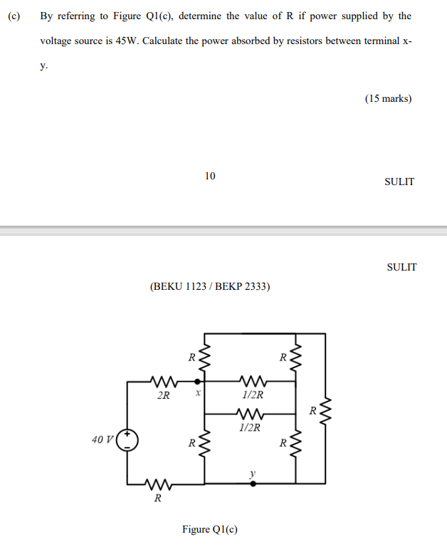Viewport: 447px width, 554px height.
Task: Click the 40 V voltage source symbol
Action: coord(128,439)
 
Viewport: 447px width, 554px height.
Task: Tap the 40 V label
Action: coord(102,439)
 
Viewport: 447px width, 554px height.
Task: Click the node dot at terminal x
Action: coord(198,382)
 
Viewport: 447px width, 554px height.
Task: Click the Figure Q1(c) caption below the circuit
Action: coord(210,529)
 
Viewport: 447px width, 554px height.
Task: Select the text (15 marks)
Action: coord(388,99)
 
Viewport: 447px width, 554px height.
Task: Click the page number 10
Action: coord(209,176)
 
